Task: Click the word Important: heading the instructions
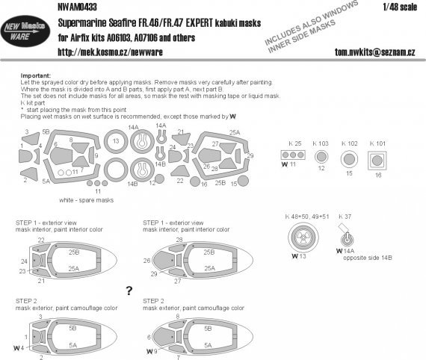(34, 75)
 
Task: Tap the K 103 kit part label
(322, 141)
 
